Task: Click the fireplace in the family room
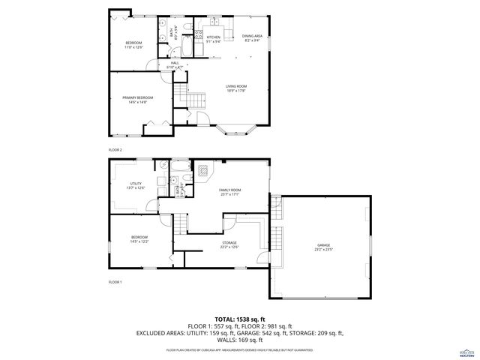pyautogui.click(x=202, y=172)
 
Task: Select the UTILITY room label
pyautogui.click(x=136, y=185)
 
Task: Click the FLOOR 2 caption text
pyautogui.click(x=115, y=150)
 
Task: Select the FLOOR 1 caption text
pyautogui.click(x=115, y=282)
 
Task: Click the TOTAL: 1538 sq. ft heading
pyautogui.click(x=239, y=319)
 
